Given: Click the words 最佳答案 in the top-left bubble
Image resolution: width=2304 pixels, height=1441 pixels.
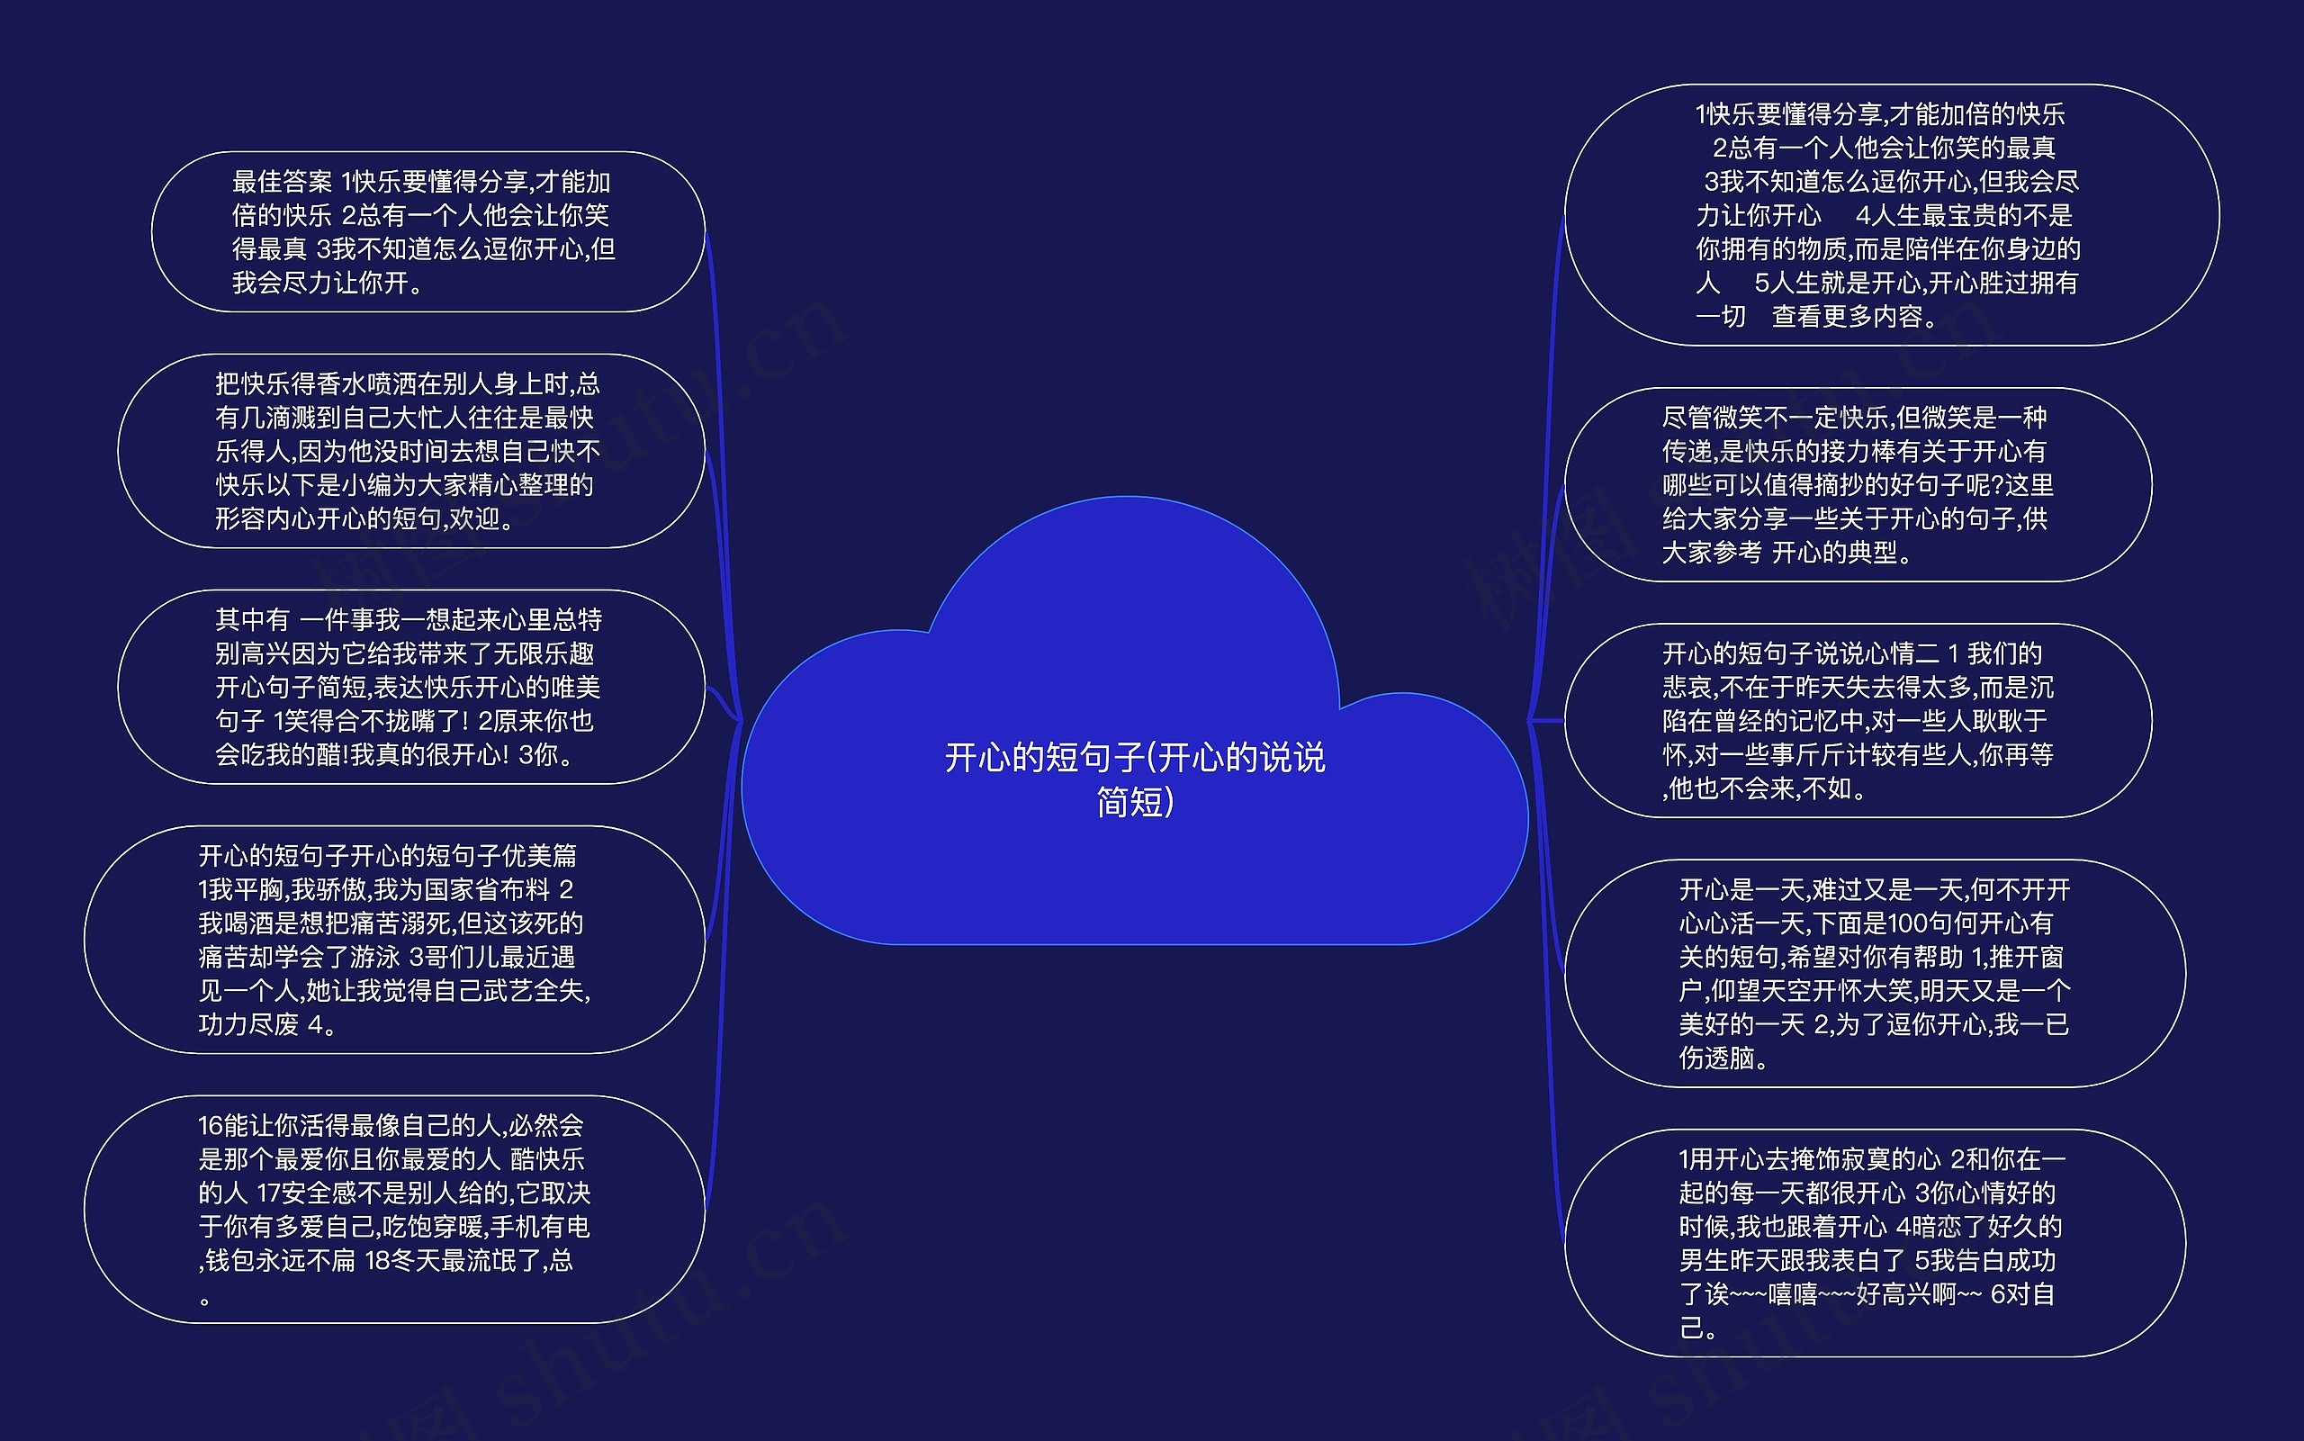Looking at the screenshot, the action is (282, 182).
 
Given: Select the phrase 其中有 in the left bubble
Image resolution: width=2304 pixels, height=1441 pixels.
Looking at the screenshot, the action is (252, 620).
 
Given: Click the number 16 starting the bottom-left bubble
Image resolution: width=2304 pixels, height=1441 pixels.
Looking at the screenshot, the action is (211, 1126).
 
